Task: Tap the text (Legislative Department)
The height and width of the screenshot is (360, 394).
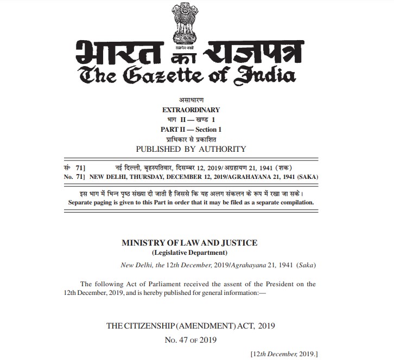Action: click(189, 253)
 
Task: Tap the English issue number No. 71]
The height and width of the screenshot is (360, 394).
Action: click(74, 176)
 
